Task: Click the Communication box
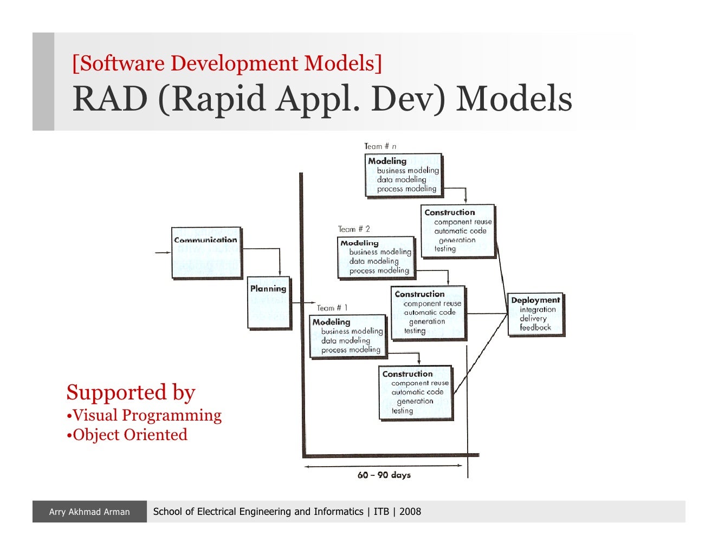point(206,253)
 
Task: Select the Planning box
point(269,303)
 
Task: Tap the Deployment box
point(535,314)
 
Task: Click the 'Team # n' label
point(380,146)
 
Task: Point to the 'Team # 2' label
point(354,229)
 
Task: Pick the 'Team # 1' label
point(332,308)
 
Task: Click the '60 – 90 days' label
point(384,475)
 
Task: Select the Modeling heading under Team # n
point(387,161)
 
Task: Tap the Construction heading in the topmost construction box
point(449,212)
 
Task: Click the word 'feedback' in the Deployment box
point(535,327)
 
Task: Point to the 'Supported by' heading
point(131,392)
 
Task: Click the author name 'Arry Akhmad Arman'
point(89,512)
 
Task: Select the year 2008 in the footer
point(410,512)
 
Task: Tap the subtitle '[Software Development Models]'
point(227,63)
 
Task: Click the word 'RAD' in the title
point(110,99)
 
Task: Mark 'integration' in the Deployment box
point(538,309)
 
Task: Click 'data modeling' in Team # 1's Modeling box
point(345,340)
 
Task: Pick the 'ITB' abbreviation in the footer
point(381,512)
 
